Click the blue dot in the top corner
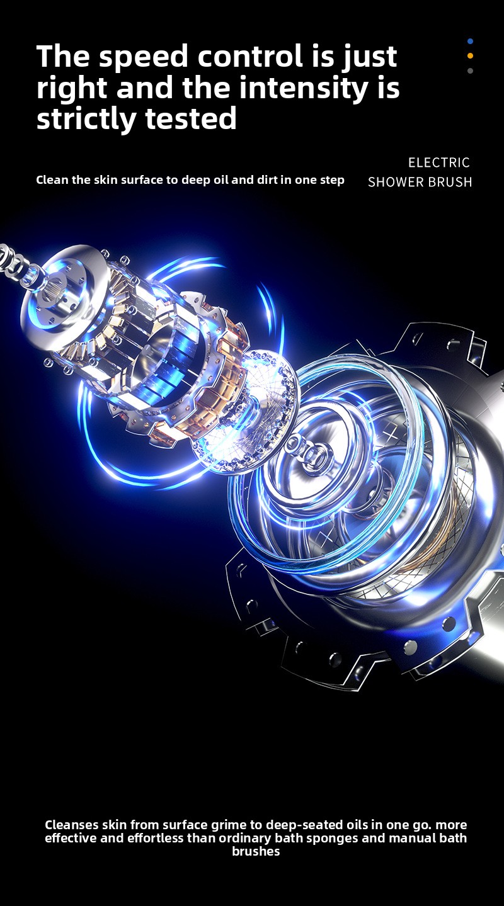pos(470,42)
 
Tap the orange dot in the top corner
pos(470,56)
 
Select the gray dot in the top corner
pos(470,71)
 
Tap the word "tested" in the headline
pos(191,118)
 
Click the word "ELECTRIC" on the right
pos(439,162)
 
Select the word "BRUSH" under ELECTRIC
pos(450,182)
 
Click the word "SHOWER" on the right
pos(396,182)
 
